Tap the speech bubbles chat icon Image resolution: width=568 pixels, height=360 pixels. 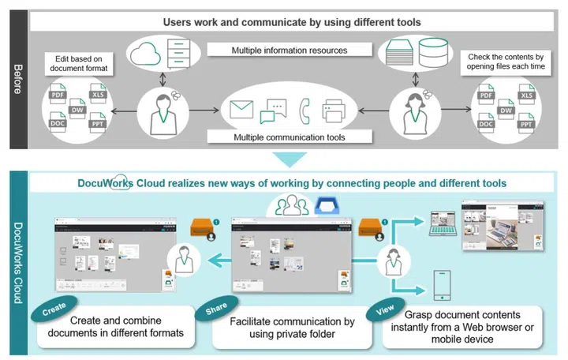pos(273,111)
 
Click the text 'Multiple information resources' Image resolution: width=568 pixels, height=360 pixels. pos(290,51)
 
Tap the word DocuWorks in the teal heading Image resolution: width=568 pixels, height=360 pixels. pos(108,183)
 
